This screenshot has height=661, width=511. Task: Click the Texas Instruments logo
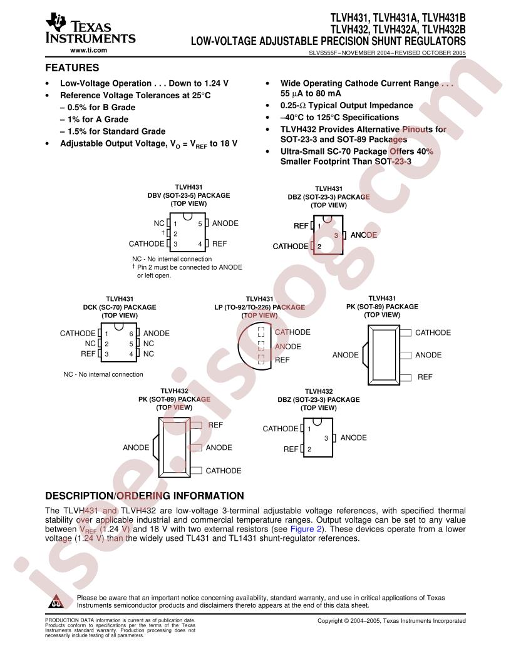pyautogui.click(x=90, y=29)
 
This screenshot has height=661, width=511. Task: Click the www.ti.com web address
pyautogui.click(x=88, y=50)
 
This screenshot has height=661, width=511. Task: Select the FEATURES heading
pyautogui.click(x=72, y=68)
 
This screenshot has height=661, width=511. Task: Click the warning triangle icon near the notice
pyautogui.click(x=56, y=601)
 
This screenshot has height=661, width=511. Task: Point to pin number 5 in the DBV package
pyautogui.click(x=200, y=224)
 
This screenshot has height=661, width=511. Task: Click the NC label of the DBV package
pyautogui.click(x=159, y=223)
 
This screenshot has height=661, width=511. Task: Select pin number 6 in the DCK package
pyautogui.click(x=131, y=334)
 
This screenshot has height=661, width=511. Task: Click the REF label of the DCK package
pyautogui.click(x=88, y=354)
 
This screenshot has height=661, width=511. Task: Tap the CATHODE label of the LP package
pyautogui.click(x=292, y=332)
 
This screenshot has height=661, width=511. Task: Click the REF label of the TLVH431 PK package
pyautogui.click(x=425, y=377)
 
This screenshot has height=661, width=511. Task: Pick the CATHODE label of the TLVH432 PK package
pyautogui.click(x=224, y=471)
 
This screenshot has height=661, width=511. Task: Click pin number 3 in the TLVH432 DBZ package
pyautogui.click(x=326, y=438)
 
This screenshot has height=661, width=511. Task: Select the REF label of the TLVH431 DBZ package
pyautogui.click(x=301, y=226)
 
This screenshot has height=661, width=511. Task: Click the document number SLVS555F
pyautogui.click(x=324, y=53)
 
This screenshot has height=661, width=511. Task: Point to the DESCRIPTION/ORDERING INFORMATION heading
pyautogui.click(x=145, y=496)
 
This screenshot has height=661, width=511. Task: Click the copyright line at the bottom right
pyautogui.click(x=391, y=620)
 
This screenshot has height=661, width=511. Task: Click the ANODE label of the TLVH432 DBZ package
pyautogui.click(x=353, y=438)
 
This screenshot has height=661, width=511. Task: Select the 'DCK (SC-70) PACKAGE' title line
pyautogui.click(x=120, y=307)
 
